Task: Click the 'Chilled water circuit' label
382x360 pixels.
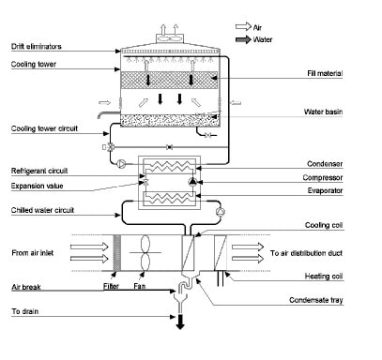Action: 41,211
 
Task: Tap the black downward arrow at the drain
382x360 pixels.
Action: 178,322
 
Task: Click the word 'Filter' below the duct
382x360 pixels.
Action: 114,286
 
